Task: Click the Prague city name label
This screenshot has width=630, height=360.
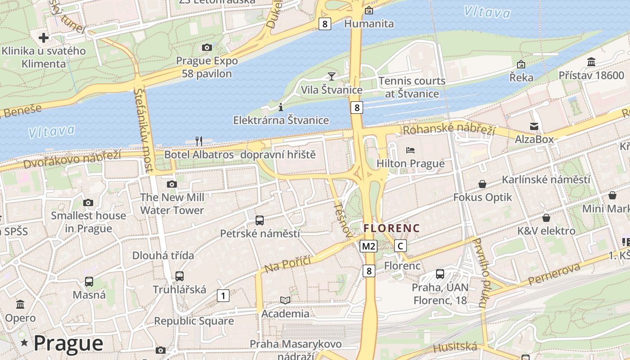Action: pos(68,343)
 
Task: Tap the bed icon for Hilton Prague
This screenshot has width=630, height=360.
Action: pos(410,150)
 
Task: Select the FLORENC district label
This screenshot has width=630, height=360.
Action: pos(391,228)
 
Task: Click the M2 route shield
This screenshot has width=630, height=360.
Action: pos(368,246)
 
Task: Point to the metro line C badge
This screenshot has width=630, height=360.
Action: pos(400,246)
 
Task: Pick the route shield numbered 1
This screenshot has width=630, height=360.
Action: pos(223,296)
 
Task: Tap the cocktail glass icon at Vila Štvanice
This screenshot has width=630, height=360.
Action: pos(332,76)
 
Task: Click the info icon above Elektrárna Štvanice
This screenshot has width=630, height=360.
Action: pos(281,107)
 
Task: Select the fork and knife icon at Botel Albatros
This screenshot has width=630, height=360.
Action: pos(199,141)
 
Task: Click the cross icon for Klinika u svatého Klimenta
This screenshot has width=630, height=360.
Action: pos(44,37)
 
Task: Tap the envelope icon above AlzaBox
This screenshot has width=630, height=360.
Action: pos(534,126)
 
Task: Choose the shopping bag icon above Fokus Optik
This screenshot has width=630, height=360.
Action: pos(482,184)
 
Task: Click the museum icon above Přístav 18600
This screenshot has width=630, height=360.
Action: pos(591,62)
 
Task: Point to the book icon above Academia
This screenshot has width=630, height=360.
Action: pos(285,300)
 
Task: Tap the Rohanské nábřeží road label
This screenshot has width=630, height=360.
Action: pos(449,130)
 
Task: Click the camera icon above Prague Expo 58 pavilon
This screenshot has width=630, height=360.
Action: pos(207,47)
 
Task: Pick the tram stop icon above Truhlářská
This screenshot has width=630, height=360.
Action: pos(180,276)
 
